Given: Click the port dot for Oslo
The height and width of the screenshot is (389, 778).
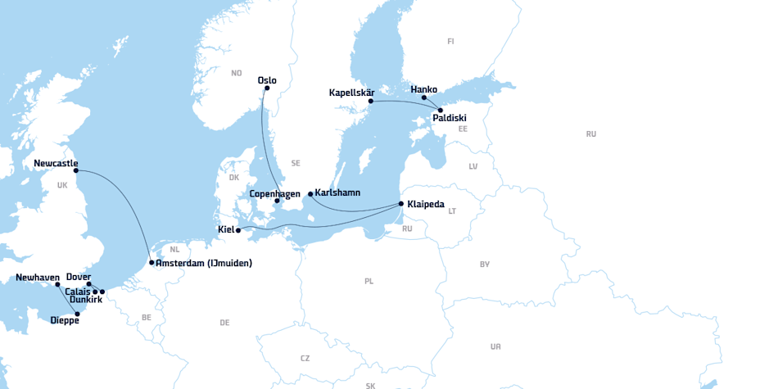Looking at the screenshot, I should [267, 88].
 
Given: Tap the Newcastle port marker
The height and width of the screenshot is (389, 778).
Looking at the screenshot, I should [76, 170].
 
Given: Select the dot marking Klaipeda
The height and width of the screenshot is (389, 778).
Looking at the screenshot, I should [400, 203].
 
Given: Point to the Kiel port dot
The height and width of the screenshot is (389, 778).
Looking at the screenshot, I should [238, 231].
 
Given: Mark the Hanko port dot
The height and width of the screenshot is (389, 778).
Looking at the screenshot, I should [424, 98].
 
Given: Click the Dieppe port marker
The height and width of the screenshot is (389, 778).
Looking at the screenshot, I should [78, 314].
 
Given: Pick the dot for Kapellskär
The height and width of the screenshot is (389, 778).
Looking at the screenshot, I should [371, 101].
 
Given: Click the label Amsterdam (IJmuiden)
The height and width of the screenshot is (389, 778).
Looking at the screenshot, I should [204, 263].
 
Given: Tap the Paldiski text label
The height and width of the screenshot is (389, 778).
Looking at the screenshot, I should [450, 118].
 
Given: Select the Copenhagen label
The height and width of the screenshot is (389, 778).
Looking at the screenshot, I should [276, 193].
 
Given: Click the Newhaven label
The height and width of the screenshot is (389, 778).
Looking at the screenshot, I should [38, 278].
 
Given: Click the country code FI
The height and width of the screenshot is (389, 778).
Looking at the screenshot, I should [450, 41].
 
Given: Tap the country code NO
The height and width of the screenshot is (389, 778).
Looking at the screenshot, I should [237, 73].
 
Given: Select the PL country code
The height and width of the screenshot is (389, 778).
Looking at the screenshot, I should [369, 281].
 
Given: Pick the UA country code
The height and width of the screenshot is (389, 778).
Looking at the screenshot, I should [495, 346].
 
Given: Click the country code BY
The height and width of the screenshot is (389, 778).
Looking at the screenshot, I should [485, 264].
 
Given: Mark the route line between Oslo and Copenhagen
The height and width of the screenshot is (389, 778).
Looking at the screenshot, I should [264, 139].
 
